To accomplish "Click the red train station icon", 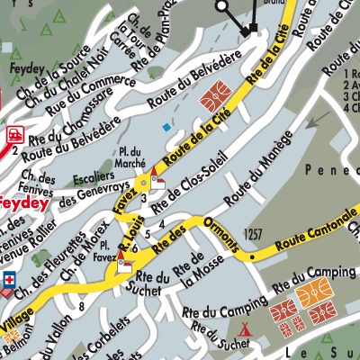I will pos(13,134).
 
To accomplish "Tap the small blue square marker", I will pos(166,128).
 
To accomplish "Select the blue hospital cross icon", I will pos(10,277).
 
